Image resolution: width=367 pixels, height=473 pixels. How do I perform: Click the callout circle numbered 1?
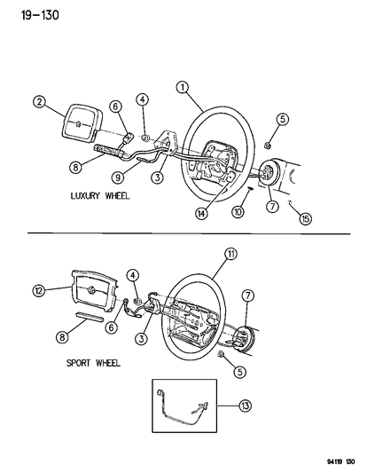pyautogui.click(x=182, y=86)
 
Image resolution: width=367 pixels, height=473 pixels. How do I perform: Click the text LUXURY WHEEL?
pyautogui.click(x=99, y=194)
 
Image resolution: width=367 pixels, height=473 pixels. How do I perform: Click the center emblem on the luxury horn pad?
pyautogui.click(x=79, y=122)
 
